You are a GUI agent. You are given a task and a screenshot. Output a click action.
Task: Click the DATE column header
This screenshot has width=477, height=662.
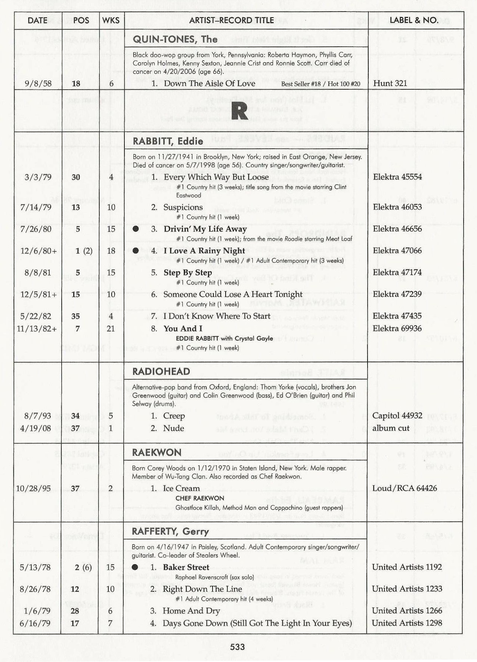coord(37,21)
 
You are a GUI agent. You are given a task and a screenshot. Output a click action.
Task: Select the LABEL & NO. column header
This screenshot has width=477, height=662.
coord(414,20)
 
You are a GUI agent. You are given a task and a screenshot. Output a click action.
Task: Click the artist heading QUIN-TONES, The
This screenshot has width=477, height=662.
coord(175,39)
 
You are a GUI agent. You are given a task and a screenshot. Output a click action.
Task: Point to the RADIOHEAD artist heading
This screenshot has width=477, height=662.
coord(161,371)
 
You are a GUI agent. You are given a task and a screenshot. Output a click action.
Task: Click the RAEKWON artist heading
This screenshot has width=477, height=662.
coord(157,452)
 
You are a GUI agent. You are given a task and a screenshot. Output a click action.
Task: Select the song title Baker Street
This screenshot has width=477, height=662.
coord(186,567)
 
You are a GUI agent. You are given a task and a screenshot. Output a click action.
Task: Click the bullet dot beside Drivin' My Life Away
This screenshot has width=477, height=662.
coord(136,229)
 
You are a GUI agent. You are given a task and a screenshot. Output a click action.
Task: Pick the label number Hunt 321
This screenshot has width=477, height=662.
coord(390,83)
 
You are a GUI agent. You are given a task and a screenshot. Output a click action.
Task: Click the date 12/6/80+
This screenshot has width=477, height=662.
coord(38,251)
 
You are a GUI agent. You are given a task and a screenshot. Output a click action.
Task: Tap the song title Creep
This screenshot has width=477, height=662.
coord(174,416)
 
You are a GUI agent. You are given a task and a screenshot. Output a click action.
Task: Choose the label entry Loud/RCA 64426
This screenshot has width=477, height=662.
coord(405,488)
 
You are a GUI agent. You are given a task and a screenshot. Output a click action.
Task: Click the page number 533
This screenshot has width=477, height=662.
coord(238,647)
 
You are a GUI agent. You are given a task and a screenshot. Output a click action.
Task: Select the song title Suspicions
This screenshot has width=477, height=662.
coord(183,207)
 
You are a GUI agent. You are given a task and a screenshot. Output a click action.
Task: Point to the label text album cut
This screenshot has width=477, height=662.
coord(391,428)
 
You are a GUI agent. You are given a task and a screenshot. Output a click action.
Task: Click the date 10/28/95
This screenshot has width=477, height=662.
coord(33,489)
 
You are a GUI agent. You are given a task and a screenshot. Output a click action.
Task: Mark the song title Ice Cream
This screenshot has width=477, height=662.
coord(181,488)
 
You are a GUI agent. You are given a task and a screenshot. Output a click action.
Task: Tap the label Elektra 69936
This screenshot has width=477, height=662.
coord(397,328)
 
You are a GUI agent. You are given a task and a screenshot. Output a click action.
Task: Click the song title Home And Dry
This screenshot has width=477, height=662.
coord(191,611)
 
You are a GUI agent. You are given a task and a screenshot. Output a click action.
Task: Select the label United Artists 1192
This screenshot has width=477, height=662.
coord(407,567)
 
